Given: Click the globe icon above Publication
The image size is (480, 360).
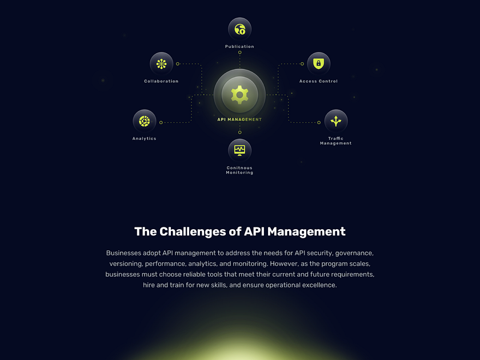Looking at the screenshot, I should (x=239, y=29).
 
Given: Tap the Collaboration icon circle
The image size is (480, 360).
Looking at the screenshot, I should (x=161, y=64).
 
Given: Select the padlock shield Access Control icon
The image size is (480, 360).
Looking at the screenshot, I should (x=318, y=64).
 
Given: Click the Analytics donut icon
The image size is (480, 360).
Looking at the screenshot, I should (x=144, y=121).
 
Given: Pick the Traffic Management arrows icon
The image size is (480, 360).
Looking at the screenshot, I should (x=335, y=121).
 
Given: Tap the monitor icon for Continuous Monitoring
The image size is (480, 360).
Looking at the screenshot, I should (x=239, y=150).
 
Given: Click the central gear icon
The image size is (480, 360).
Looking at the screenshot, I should (x=239, y=94).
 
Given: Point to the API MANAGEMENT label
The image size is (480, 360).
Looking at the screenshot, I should (x=239, y=119).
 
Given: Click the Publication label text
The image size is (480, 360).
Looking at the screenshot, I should (x=239, y=47).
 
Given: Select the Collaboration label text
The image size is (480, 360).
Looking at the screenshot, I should (x=161, y=81).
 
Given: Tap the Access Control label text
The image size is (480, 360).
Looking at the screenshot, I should (x=318, y=81).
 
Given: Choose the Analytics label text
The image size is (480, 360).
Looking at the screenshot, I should (x=144, y=138).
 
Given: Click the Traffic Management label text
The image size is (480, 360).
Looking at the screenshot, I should (x=335, y=141).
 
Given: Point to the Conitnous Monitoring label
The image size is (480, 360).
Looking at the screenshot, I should (x=239, y=170).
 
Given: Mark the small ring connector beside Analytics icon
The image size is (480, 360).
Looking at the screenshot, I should (x=161, y=122).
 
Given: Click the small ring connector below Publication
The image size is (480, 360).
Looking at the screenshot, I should (x=239, y=53).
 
